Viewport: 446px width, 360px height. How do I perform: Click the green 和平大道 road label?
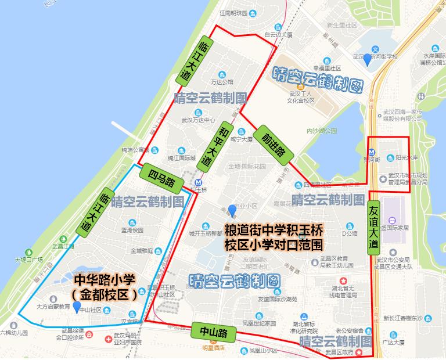[x=213, y=146]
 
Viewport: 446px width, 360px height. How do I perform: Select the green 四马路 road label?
[x=161, y=178]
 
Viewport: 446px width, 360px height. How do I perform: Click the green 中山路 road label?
[x=213, y=332]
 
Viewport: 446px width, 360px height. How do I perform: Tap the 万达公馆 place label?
[x=222, y=82]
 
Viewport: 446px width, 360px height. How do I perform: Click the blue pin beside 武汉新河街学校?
[x=366, y=59]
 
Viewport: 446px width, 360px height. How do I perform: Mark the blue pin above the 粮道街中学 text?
[x=232, y=210]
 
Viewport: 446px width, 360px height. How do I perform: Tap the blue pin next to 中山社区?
[x=76, y=306]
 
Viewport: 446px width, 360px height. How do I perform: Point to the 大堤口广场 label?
[x=29, y=260]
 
